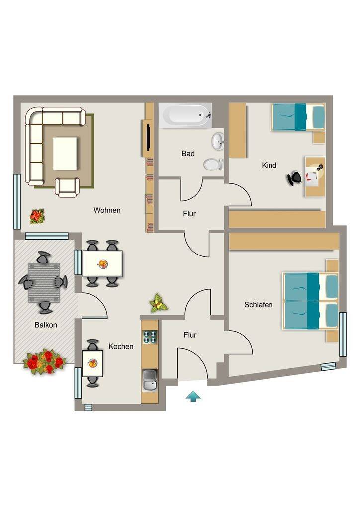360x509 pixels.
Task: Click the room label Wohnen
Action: point(107,210)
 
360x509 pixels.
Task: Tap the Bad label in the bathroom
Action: point(188,153)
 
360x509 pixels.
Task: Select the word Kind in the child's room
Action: point(269,165)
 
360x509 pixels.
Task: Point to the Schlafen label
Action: point(259,305)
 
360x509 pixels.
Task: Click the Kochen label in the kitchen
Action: point(121,346)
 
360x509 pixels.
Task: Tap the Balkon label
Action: point(46,325)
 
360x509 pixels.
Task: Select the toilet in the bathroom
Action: point(214,164)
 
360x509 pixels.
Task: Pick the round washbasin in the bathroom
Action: point(218,141)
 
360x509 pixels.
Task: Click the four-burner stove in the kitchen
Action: point(150,337)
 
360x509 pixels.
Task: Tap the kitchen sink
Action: point(150,380)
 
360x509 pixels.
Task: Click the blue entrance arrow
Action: point(193,396)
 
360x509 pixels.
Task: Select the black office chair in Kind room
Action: point(295,178)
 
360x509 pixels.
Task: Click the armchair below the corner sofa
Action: point(67,187)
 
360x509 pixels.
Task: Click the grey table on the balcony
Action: point(44,282)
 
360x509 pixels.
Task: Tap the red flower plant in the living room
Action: point(37,216)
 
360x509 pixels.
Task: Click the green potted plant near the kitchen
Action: point(158,303)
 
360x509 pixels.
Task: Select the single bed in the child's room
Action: point(298,117)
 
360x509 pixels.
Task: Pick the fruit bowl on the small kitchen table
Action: point(92,363)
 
